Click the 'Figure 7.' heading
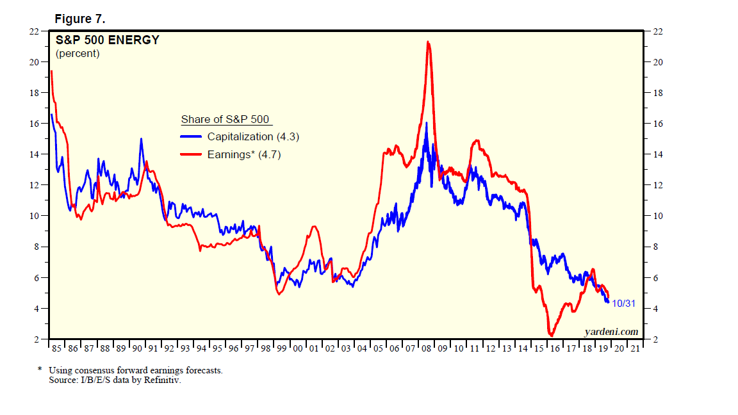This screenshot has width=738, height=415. pyautogui.click(x=79, y=19)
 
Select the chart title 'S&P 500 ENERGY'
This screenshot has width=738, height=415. pyautogui.click(x=108, y=40)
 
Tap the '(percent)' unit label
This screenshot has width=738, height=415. pyautogui.click(x=78, y=54)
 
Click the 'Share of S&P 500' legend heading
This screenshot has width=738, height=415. pyautogui.click(x=225, y=120)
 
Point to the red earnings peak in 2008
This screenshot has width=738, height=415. pyautogui.click(x=428, y=42)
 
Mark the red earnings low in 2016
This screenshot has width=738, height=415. pyautogui.click(x=550, y=334)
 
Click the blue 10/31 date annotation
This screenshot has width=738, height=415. pyautogui.click(x=623, y=303)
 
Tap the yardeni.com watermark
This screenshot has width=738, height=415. pyautogui.click(x=611, y=331)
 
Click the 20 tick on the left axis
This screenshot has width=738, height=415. pyautogui.click(x=35, y=62)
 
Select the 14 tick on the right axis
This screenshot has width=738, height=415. pyautogui.click(x=657, y=154)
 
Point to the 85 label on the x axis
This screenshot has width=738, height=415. pyautogui.click(x=56, y=348)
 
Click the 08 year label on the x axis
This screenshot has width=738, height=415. pyautogui.click(x=425, y=348)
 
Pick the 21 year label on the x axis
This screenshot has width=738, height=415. pyautogui.click(x=634, y=348)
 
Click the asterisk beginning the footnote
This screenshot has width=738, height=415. pyautogui.click(x=40, y=370)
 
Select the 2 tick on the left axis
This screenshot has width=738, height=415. pyautogui.click(x=38, y=339)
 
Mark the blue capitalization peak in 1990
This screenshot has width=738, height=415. pyautogui.click(x=141, y=139)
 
